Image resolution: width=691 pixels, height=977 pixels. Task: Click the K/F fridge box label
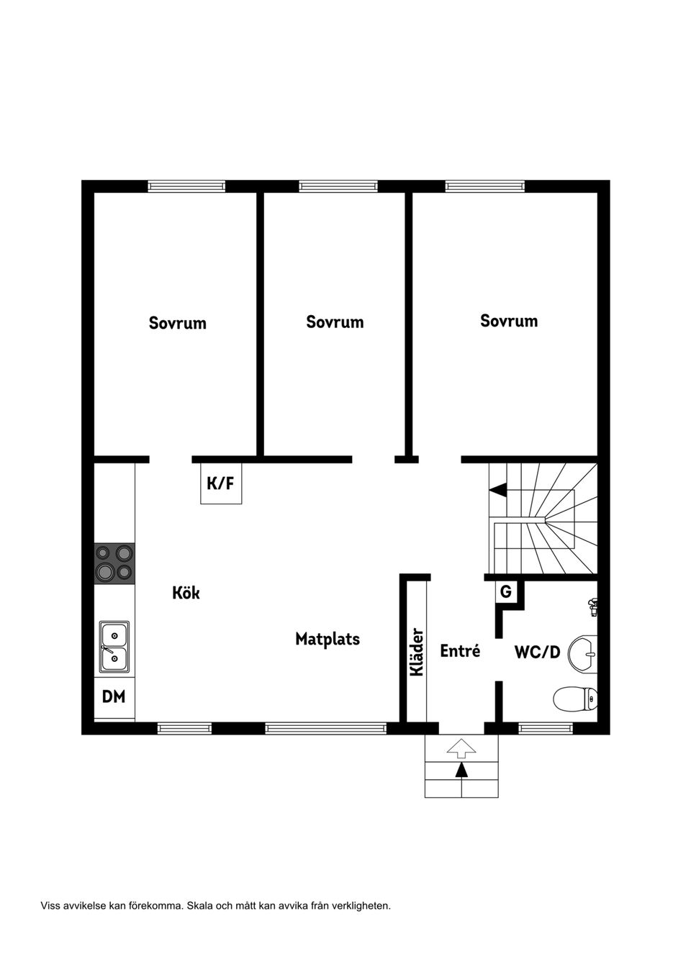pos(220,483)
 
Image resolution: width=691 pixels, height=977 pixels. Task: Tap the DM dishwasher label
pos(114,696)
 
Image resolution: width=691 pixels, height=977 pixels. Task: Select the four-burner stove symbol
pos(114,563)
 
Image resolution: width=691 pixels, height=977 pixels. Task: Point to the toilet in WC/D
pos(575,699)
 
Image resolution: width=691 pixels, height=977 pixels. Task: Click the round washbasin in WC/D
pos(584,653)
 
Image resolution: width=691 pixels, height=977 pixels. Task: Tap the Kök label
pos(186,593)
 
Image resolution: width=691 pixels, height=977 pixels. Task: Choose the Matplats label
pos(328,640)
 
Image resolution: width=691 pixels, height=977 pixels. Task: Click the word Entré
pos(460,651)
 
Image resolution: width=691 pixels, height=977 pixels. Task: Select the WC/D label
pos(538,653)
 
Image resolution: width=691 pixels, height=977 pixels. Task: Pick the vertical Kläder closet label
pos(417,652)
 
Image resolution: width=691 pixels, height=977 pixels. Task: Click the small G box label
pos(506,592)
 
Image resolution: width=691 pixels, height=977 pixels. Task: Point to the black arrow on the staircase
pos(498,490)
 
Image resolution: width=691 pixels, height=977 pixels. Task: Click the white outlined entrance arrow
pos(461,748)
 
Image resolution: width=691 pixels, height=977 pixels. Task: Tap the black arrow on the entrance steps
pos(461,771)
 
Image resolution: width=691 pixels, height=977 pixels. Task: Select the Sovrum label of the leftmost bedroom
pos(178,323)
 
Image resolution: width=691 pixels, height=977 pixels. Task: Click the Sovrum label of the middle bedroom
pos(335,322)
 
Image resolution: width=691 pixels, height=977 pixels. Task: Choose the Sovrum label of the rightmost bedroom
pos(509,321)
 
